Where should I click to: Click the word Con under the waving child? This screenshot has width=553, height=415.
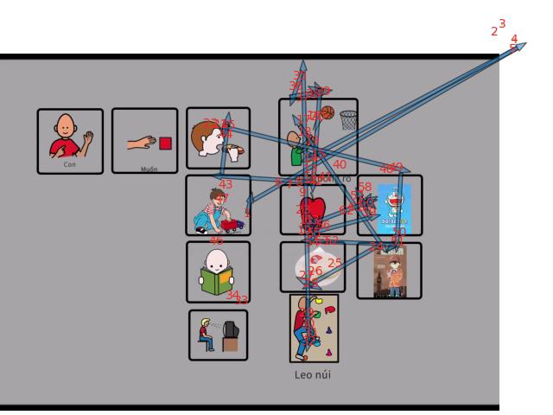[71, 163]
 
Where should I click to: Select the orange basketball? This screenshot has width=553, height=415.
[327, 112]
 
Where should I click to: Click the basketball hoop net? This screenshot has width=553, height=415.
[348, 119]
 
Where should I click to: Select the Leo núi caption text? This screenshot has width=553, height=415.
[313, 374]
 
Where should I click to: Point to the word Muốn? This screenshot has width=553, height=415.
[149, 169]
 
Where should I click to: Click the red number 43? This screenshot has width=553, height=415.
[226, 184]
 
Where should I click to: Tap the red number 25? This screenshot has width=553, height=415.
[334, 262]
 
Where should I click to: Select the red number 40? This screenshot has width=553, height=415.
[339, 164]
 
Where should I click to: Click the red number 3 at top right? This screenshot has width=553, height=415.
[502, 24]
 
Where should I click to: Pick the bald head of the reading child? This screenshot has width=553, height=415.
[216, 259]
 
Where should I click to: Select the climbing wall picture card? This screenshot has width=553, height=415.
[314, 329]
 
